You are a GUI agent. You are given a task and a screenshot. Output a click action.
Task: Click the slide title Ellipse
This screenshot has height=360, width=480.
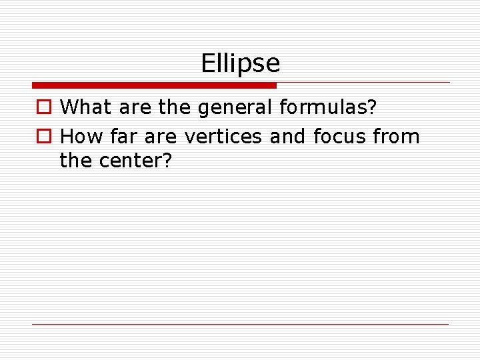click(x=241, y=64)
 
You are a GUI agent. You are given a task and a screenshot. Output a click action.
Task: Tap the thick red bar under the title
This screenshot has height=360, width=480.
click(x=154, y=85)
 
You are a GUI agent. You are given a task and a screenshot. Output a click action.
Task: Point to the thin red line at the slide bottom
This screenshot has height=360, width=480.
click(x=241, y=324)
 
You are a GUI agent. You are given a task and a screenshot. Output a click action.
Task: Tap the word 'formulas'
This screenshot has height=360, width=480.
click(x=325, y=107)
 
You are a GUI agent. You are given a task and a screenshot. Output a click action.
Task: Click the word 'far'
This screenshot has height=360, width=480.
click(x=123, y=137)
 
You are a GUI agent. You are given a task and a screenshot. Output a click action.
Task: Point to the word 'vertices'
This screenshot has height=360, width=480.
click(x=224, y=137)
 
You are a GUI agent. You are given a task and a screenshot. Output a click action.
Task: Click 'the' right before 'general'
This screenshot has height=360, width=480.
click(x=175, y=107)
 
